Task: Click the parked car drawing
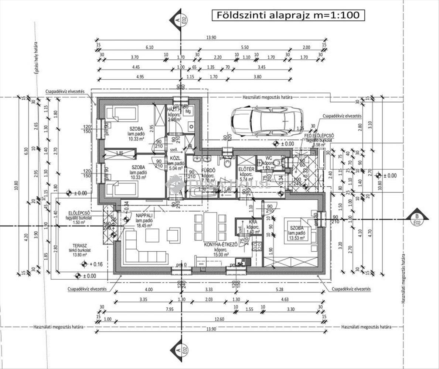(x=266, y=121)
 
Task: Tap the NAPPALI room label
(x=144, y=215)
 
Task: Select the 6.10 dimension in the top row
(x=149, y=48)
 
